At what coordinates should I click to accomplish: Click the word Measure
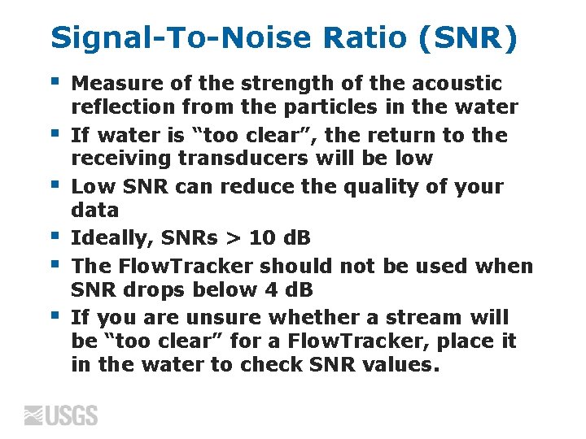[113, 84]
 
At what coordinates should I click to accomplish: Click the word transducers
[237, 158]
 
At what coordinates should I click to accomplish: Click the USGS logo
[61, 415]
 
